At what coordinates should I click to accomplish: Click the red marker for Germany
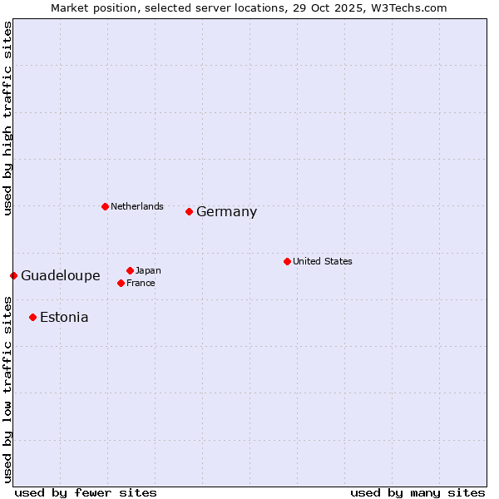click(x=189, y=211)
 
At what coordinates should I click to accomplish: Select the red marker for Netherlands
click(x=105, y=206)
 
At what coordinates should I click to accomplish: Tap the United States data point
click(x=287, y=261)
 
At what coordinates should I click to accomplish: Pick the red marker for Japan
click(x=130, y=270)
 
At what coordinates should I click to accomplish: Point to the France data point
click(x=121, y=283)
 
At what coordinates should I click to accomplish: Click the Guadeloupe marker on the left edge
click(x=13, y=275)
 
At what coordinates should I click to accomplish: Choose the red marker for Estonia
click(x=32, y=317)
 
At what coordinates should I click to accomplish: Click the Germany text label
click(x=226, y=212)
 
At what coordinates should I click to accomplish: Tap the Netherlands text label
click(x=137, y=206)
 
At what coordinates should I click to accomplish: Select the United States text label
click(x=323, y=261)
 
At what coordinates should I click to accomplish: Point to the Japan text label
click(x=148, y=270)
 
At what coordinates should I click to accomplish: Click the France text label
click(x=141, y=283)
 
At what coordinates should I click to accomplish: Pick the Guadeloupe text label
click(x=61, y=276)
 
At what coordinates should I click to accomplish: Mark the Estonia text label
click(x=64, y=318)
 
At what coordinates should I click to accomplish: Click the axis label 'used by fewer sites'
click(x=86, y=492)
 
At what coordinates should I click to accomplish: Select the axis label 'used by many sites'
click(x=417, y=492)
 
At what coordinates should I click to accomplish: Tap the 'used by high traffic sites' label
click(x=7, y=118)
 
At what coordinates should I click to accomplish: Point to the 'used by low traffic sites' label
click(x=7, y=388)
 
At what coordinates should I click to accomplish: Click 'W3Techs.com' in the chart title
click(x=411, y=8)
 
